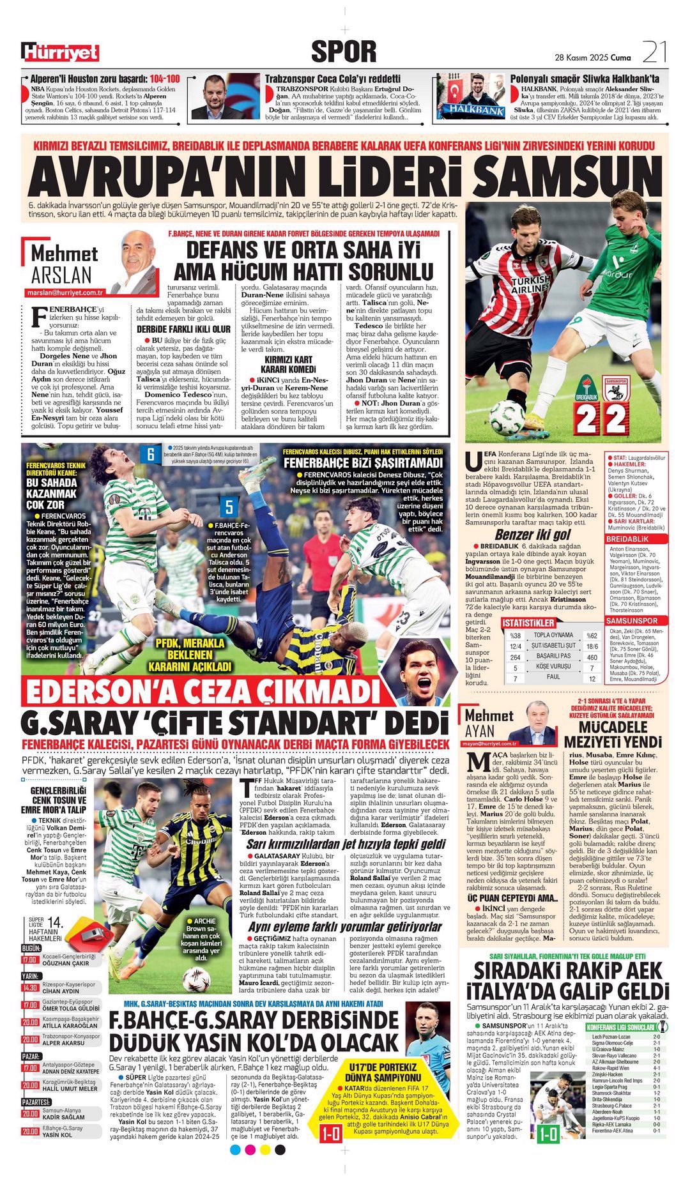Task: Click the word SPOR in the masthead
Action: tap(344, 51)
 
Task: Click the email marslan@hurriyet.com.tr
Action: tap(65, 292)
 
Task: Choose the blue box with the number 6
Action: tap(151, 454)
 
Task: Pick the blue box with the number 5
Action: tap(229, 507)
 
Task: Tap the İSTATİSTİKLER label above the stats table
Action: tap(528, 623)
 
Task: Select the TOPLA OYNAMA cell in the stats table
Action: tap(553, 635)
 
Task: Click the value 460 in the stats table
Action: tap(592, 657)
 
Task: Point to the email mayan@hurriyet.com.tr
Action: tap(490, 743)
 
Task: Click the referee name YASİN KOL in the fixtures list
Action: tap(57, 1135)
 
